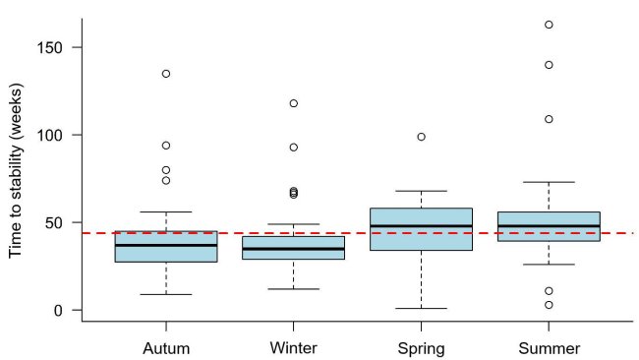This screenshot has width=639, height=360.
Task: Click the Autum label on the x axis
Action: pyautogui.click(x=166, y=348)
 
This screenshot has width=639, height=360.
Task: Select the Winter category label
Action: pyautogui.click(x=293, y=348)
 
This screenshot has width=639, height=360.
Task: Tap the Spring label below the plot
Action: pyautogui.click(x=421, y=348)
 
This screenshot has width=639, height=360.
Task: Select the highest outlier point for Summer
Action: pyautogui.click(x=549, y=25)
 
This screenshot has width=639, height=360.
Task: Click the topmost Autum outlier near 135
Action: pyautogui.click(x=166, y=74)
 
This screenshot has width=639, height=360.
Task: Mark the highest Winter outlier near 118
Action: pyautogui.click(x=293, y=103)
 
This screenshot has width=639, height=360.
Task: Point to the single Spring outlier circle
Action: pyautogui.click(x=421, y=137)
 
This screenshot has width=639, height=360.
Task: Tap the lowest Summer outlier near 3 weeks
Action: pyautogui.click(x=549, y=305)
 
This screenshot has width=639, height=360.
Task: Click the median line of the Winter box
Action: pyautogui.click(x=293, y=249)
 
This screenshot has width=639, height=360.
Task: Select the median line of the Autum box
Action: pyautogui.click(x=166, y=245)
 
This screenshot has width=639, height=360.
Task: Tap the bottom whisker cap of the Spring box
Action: pyautogui.click(x=421, y=308)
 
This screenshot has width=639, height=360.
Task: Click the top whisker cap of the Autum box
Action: pyautogui.click(x=166, y=211)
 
